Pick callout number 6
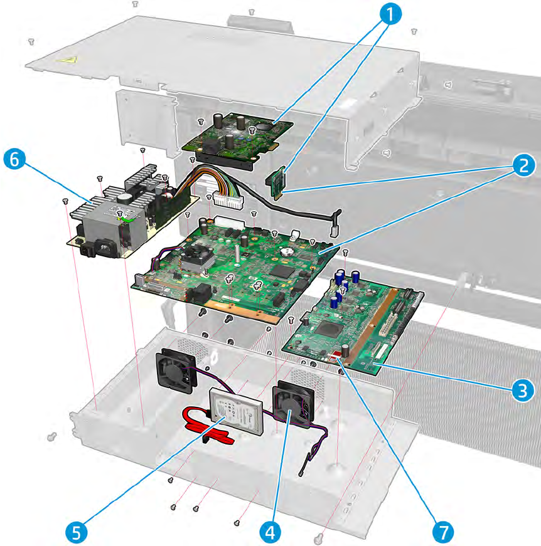coord(16,159)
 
